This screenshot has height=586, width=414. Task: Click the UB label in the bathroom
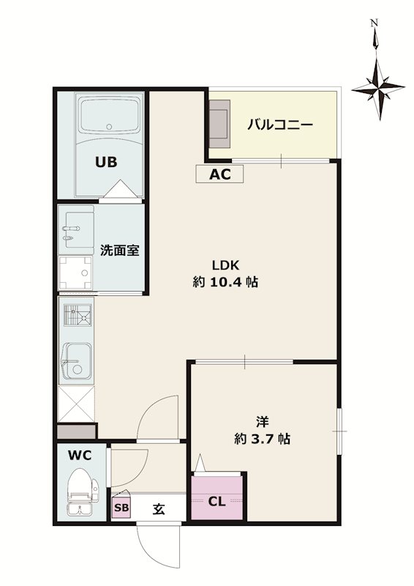[x=105, y=163]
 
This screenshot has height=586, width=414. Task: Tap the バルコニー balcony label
[x=279, y=125]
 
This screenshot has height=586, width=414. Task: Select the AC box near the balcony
[x=219, y=174]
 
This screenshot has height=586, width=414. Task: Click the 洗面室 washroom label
[x=119, y=250]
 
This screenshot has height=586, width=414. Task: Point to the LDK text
[x=227, y=265]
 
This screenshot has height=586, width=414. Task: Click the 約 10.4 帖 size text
[x=227, y=282]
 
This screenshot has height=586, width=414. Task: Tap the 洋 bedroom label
[x=262, y=422]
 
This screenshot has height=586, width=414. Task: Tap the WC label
[x=80, y=455]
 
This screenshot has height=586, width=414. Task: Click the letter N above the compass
[x=374, y=23]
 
